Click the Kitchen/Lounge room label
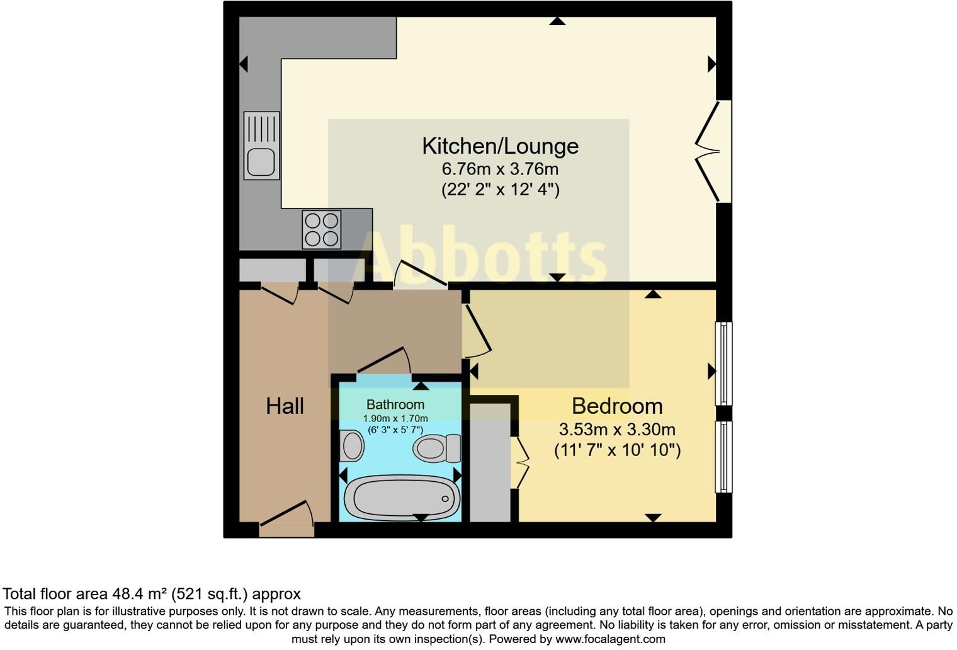(x=500, y=146)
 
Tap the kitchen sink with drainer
(x=261, y=145)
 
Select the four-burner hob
(x=322, y=229)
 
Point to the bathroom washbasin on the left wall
(x=351, y=447)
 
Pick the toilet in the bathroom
(x=436, y=448)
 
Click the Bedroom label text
(x=616, y=406)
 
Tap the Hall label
(x=285, y=406)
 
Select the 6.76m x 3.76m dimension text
(x=500, y=169)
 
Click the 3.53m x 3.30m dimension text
(x=617, y=430)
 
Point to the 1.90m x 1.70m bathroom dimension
(x=395, y=419)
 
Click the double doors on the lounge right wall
(x=710, y=152)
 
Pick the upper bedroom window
(x=724, y=363)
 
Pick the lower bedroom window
(x=724, y=457)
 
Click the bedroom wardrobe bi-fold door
(x=520, y=463)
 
